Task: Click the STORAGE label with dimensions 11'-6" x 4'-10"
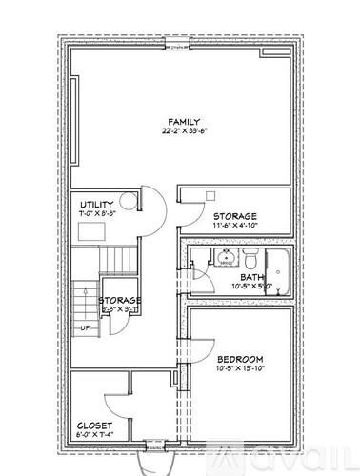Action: (x=234, y=217)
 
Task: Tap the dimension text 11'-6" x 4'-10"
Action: (x=234, y=228)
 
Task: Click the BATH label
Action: (x=251, y=277)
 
